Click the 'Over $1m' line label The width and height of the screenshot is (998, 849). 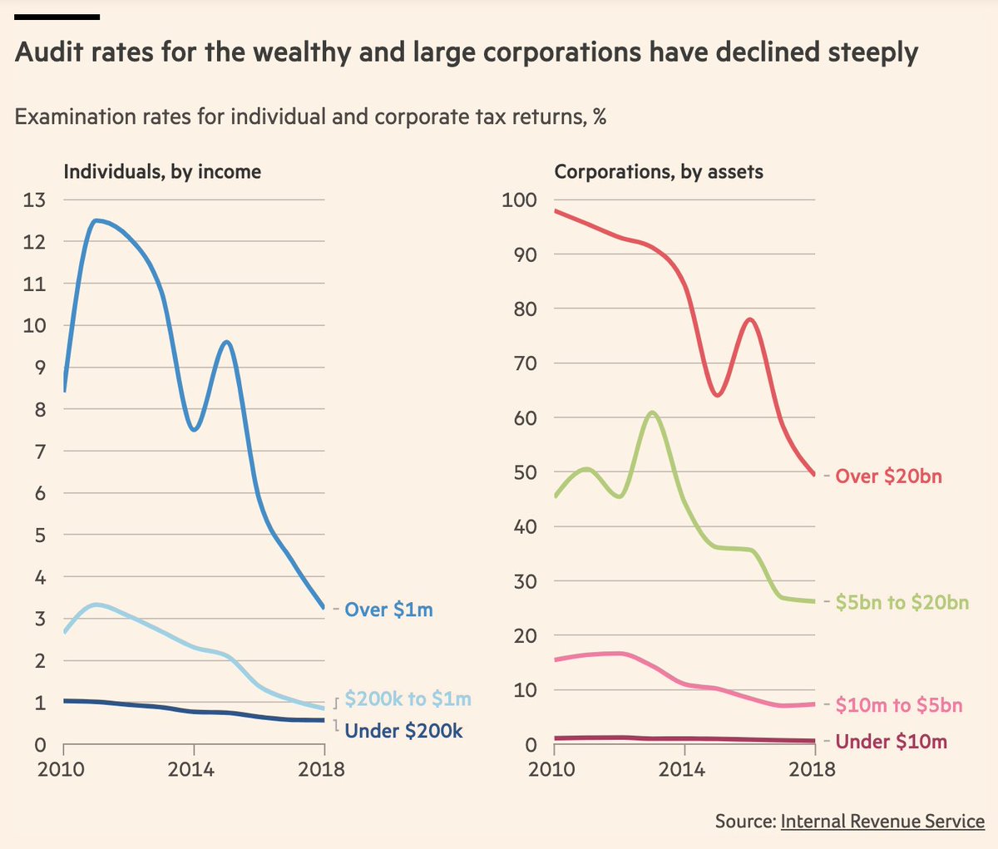tap(388, 610)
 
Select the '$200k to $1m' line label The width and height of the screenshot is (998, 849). tap(408, 698)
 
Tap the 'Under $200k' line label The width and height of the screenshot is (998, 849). tap(403, 731)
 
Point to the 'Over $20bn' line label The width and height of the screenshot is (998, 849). tap(888, 476)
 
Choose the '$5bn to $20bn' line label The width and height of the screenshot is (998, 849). tap(902, 602)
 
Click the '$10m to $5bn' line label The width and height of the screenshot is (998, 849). tap(898, 706)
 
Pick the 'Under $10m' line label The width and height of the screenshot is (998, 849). tap(891, 742)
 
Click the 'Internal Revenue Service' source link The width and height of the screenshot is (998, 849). tap(882, 822)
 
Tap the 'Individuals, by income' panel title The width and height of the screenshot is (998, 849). tap(162, 172)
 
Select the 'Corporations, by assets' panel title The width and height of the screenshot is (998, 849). tap(659, 172)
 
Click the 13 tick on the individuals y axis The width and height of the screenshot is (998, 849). tap(34, 200)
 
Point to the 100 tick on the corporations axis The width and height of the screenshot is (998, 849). tap(519, 200)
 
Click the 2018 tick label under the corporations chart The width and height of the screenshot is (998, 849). tap(812, 769)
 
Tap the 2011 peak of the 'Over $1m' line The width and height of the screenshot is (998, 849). tap(97, 220)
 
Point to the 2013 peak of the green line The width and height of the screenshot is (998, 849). tap(652, 412)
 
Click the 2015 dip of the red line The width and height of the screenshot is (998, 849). tap(717, 394)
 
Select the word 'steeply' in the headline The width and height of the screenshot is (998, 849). tap(872, 53)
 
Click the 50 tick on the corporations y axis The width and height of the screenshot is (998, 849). tap(525, 472)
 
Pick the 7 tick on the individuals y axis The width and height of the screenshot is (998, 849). tap(40, 452)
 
